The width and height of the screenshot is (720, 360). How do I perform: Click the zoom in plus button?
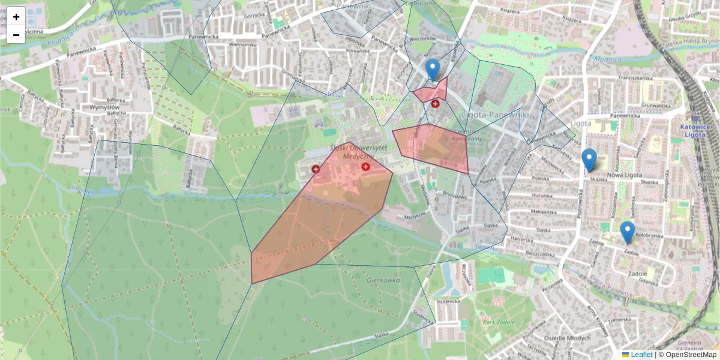(16, 17)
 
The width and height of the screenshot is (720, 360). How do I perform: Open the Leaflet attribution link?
(641, 355)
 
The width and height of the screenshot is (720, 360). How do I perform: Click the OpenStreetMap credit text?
(691, 355)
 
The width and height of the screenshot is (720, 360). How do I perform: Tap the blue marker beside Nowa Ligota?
(589, 160)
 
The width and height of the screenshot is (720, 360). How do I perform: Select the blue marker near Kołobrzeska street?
(627, 232)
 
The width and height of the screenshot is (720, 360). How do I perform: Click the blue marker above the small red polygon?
(432, 70)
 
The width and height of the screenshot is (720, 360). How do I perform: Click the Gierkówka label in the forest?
(383, 280)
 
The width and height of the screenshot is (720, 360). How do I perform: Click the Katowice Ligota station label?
(695, 130)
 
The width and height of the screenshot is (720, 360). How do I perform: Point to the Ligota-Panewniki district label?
(496, 114)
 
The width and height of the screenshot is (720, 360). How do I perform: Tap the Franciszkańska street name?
(628, 78)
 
